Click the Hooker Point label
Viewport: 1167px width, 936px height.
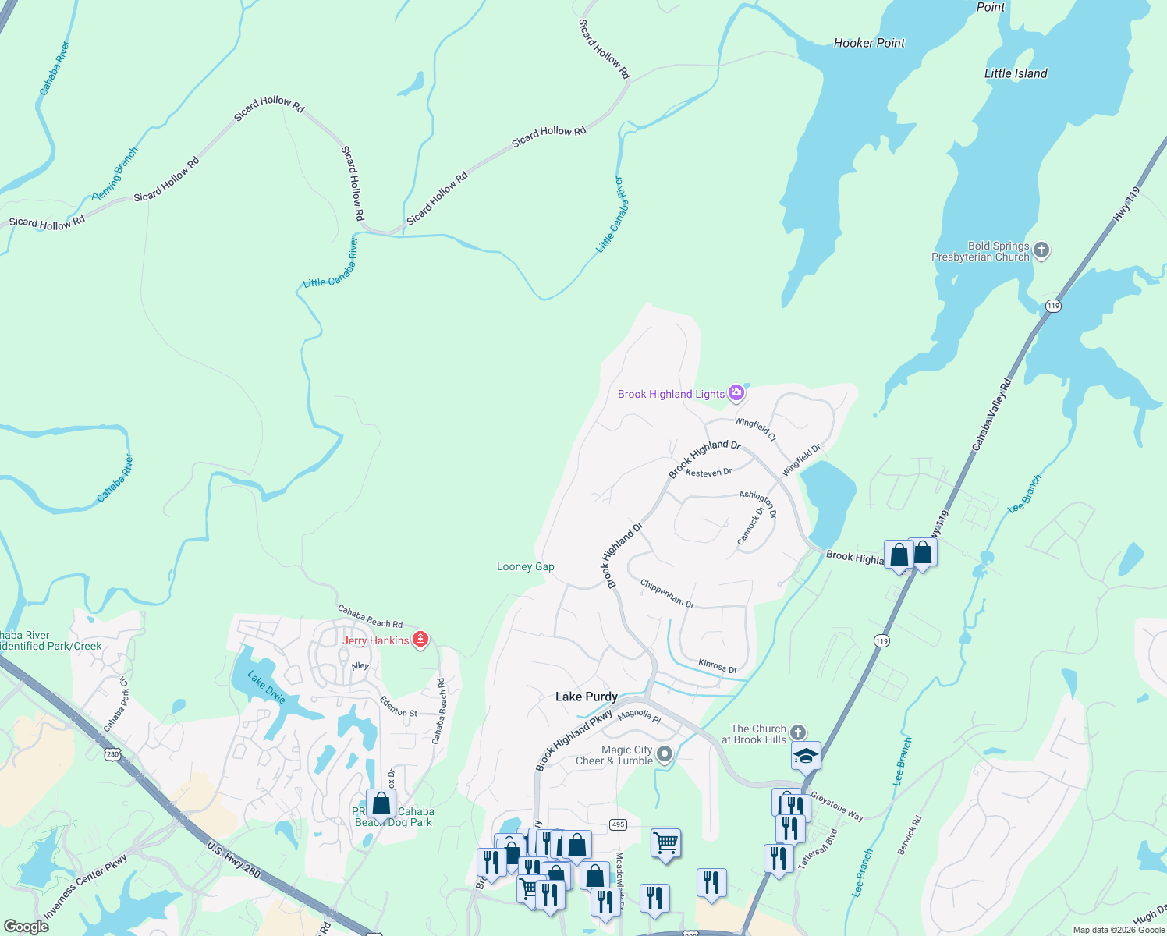point(869,43)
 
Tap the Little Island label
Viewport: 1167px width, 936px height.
point(1016,73)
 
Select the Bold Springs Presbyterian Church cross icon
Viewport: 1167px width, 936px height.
point(1041,251)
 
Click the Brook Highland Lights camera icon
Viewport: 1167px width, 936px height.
point(736,393)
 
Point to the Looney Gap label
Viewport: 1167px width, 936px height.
point(526,566)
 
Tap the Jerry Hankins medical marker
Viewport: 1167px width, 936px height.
point(420,640)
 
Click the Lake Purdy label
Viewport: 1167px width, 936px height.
point(587,697)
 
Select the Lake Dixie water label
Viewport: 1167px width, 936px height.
point(267,686)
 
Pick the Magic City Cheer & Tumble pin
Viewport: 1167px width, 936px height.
point(665,754)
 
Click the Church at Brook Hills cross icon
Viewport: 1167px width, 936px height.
point(797,732)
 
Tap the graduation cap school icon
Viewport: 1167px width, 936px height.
point(806,756)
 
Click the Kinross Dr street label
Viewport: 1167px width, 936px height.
point(718,666)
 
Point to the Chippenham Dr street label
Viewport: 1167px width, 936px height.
point(667,593)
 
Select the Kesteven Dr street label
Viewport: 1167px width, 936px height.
point(708,473)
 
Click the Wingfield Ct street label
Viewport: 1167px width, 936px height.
point(755,428)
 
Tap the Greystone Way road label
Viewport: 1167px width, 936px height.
point(837,807)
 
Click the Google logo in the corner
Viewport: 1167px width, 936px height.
point(26,927)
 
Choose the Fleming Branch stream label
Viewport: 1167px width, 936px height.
point(115,174)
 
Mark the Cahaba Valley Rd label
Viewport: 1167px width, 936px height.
point(991,414)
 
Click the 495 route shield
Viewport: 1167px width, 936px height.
point(618,824)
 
